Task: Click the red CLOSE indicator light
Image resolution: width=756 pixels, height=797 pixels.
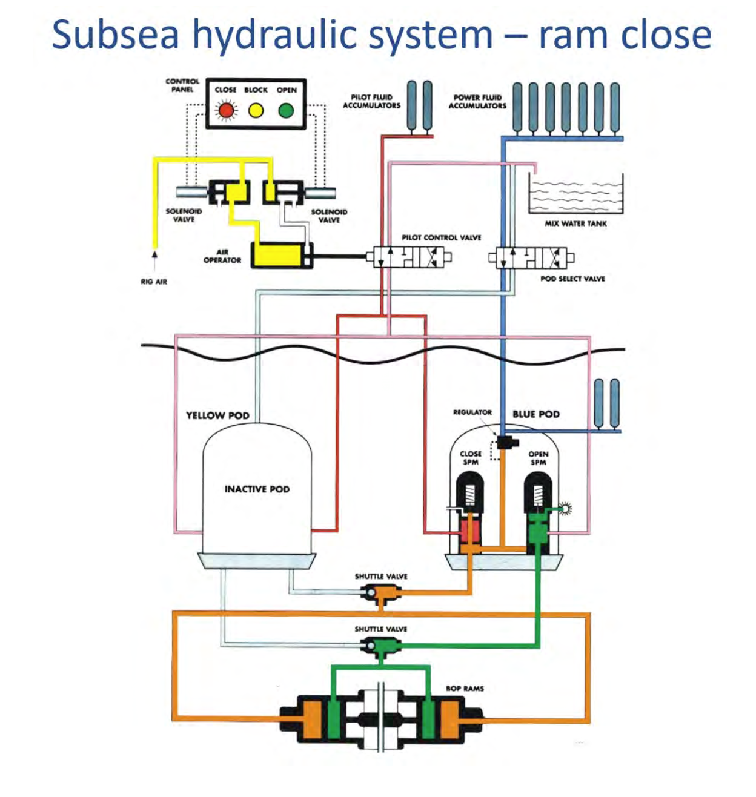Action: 227,110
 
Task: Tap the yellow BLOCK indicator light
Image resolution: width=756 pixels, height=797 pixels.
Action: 256,110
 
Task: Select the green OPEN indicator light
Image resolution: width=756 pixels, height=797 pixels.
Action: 286,110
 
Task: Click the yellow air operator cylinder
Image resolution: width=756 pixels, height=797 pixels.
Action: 278,254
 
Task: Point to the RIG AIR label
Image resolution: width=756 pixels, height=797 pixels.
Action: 154,282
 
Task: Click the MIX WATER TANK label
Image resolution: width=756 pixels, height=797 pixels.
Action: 575,223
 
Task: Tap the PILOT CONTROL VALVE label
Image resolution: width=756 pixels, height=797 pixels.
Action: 441,237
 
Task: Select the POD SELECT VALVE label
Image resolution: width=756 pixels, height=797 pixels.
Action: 572,279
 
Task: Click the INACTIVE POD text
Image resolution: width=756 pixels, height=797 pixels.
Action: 257,489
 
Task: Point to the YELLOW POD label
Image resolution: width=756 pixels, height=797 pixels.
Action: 217,415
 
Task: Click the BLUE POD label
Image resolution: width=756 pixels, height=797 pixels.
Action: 536,414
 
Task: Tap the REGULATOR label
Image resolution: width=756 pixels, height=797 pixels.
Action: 472,412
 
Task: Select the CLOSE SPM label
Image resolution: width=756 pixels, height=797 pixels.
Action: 471,458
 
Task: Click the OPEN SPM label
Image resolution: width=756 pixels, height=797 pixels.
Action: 538,458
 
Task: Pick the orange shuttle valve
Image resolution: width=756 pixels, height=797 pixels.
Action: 380,595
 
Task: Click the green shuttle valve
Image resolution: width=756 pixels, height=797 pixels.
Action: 380,648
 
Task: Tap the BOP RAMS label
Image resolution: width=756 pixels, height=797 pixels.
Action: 465,688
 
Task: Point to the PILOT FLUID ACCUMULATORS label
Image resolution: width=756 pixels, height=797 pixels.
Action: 371,101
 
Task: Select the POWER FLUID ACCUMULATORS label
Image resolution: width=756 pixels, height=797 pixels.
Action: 477,101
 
